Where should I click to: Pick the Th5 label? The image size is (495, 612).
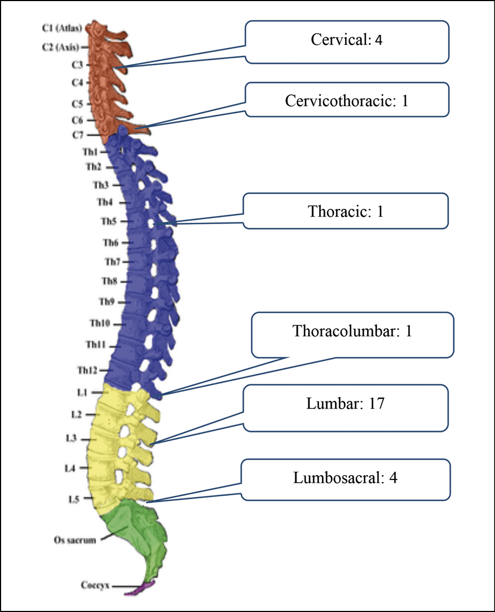point(107,221)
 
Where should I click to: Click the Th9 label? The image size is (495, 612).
point(106,301)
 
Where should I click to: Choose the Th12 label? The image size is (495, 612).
point(87,370)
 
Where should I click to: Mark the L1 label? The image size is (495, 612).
point(82,392)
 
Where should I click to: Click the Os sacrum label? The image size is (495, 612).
point(75,541)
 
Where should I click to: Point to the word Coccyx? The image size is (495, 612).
point(96,585)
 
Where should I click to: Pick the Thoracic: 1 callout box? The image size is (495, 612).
point(346,211)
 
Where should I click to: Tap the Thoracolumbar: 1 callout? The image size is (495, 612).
point(352,331)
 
